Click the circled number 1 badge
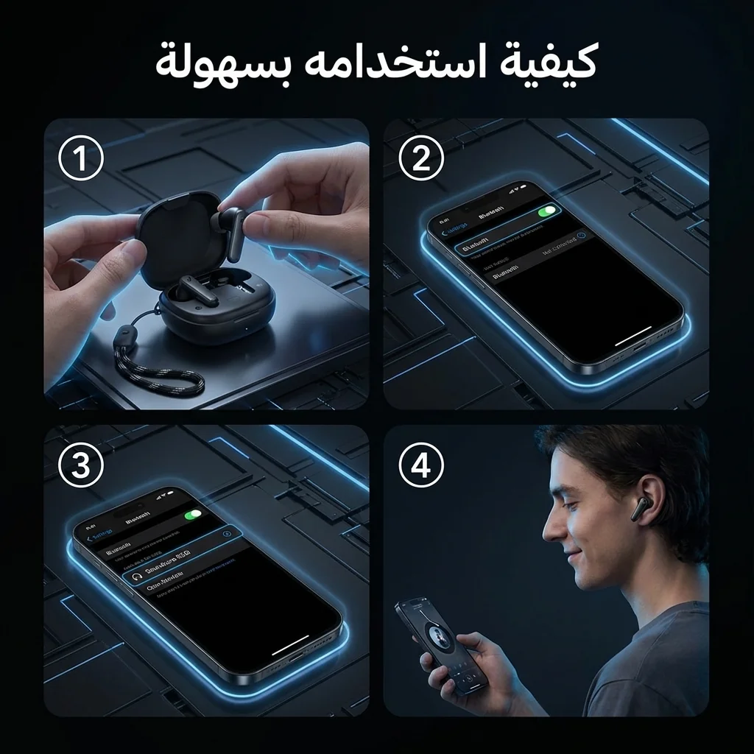pyautogui.click(x=81, y=161)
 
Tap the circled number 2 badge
pyautogui.click(x=420, y=161)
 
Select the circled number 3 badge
pyautogui.click(x=81, y=466)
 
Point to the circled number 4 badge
pyautogui.click(x=420, y=466)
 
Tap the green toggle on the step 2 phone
pyautogui.click(x=548, y=211)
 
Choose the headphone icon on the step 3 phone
pyautogui.click(x=135, y=576)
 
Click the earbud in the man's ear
pyautogui.click(x=638, y=509)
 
